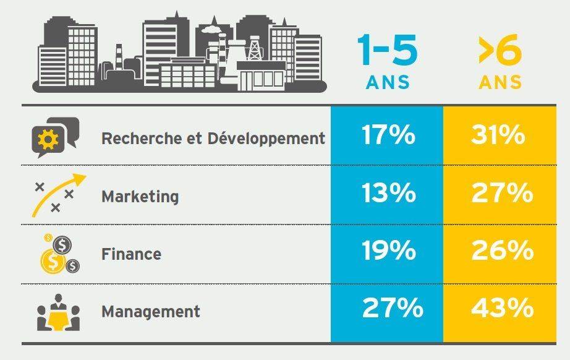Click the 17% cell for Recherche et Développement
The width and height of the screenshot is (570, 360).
[x=388, y=135]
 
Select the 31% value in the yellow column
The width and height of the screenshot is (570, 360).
[x=498, y=135]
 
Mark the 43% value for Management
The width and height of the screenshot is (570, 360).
[x=502, y=308]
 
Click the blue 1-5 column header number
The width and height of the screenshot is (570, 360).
[x=387, y=50]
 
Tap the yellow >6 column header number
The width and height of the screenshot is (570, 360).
[x=500, y=50]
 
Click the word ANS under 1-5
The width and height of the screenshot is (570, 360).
[x=388, y=82]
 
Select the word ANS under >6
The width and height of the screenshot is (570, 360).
[x=500, y=82]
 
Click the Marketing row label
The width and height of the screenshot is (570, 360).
[x=140, y=197]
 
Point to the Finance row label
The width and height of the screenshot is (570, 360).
[x=131, y=254]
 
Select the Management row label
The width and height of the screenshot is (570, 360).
[x=150, y=312]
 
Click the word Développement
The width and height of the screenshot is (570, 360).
[x=266, y=139]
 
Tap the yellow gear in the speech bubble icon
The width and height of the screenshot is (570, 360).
[x=48, y=139]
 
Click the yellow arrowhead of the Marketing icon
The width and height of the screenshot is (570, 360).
[x=79, y=179]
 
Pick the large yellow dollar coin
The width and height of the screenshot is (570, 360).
[x=53, y=261]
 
